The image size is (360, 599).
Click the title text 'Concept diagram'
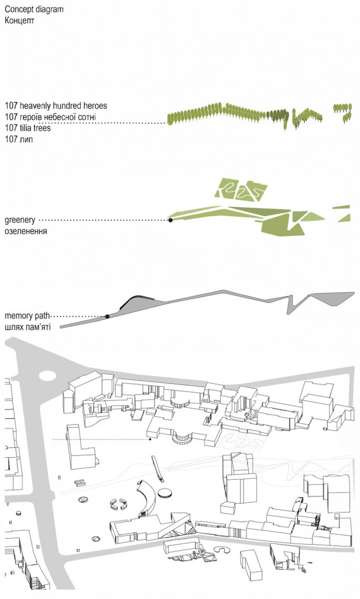click(x=34, y=9)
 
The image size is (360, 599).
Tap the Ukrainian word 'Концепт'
click(x=19, y=21)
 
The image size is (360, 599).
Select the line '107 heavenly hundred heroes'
click(x=56, y=105)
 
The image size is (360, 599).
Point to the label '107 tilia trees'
click(x=28, y=127)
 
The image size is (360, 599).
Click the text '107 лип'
click(x=19, y=139)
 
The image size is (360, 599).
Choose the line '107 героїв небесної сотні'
click(x=50, y=116)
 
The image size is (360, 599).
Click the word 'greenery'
click(x=20, y=221)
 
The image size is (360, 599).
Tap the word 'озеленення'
click(x=26, y=232)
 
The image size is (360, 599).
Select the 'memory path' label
click(x=27, y=316)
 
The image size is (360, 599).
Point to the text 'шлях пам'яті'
click(x=27, y=327)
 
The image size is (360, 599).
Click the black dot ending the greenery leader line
click(x=170, y=220)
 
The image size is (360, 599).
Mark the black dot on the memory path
click(x=107, y=316)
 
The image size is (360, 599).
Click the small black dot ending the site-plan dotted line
click(x=150, y=440)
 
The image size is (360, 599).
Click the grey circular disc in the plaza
click(x=165, y=493)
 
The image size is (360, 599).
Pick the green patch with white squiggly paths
click(x=240, y=189)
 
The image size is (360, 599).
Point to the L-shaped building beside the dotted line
click(x=80, y=447)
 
